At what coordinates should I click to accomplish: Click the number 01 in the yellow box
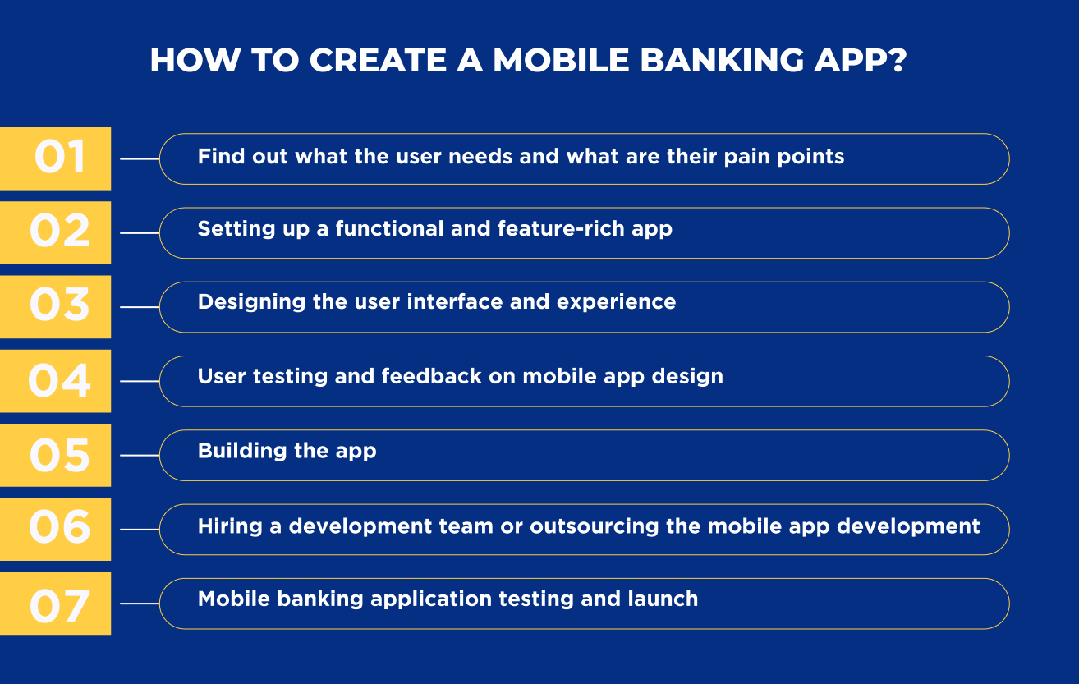point(59,157)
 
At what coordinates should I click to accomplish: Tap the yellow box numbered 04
point(54,381)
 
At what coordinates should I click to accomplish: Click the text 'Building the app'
point(287,451)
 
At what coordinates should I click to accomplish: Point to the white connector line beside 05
point(140,455)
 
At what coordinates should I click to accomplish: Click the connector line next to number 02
point(140,232)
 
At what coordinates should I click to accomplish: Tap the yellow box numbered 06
point(54,530)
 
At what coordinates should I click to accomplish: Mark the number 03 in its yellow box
point(59,305)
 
